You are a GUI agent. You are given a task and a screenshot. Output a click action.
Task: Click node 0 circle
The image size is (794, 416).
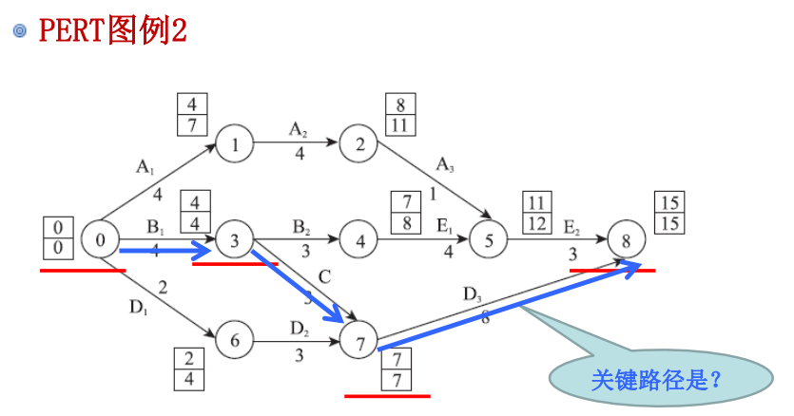pos(100,239)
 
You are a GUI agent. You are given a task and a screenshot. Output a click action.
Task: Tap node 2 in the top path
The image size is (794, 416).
pos(358,144)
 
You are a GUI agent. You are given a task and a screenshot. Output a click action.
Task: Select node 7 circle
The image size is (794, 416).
pos(358,339)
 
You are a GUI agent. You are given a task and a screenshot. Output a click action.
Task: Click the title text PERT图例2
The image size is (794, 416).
pos(112,30)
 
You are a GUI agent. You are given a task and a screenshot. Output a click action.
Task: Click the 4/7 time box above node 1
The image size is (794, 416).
pos(193,114)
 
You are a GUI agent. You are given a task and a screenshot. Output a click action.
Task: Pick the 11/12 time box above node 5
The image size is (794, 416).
pos(537,213)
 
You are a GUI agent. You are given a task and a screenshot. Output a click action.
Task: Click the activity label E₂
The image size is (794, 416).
pos(571,227)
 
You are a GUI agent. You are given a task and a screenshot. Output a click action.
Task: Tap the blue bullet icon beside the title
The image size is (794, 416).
pos(19,31)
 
